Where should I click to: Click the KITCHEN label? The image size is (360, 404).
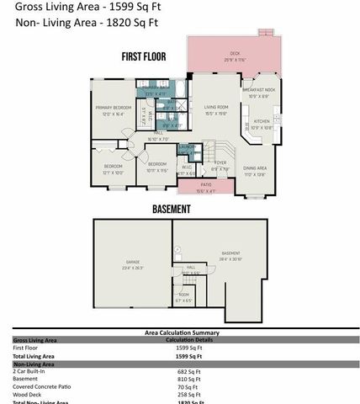click(261, 122)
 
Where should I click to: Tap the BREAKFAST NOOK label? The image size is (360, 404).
click(259, 89)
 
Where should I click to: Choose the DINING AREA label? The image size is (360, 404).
click(255, 168)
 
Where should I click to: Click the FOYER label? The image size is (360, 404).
click(220, 163)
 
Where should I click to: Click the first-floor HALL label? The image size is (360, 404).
click(158, 135)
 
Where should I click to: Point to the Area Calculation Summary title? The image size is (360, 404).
click(181, 332)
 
